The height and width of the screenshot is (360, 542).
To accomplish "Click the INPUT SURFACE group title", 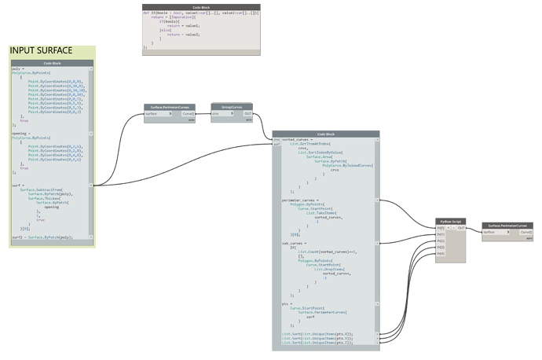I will (41, 51).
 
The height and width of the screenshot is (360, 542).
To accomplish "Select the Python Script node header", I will (450, 222).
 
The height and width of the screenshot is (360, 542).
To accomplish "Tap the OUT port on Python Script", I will (462, 228).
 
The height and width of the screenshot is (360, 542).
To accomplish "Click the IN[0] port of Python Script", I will (440, 228).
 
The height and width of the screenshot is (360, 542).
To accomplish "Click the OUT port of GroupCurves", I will (248, 113).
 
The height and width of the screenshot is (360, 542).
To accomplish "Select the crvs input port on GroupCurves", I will (217, 113).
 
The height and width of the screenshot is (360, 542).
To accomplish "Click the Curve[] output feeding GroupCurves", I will (188, 113).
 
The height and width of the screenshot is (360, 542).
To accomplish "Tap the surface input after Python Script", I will (489, 232).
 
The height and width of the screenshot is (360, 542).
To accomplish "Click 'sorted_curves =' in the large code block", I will (298, 140).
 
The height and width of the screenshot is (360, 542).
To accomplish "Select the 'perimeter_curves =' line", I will (300, 200).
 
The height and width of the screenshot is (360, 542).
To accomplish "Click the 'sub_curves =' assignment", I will (294, 243).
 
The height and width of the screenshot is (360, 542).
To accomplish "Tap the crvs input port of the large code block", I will (276, 140).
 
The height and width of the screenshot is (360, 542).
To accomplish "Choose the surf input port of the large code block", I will (276, 145).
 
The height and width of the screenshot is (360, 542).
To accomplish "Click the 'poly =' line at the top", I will (16, 68).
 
